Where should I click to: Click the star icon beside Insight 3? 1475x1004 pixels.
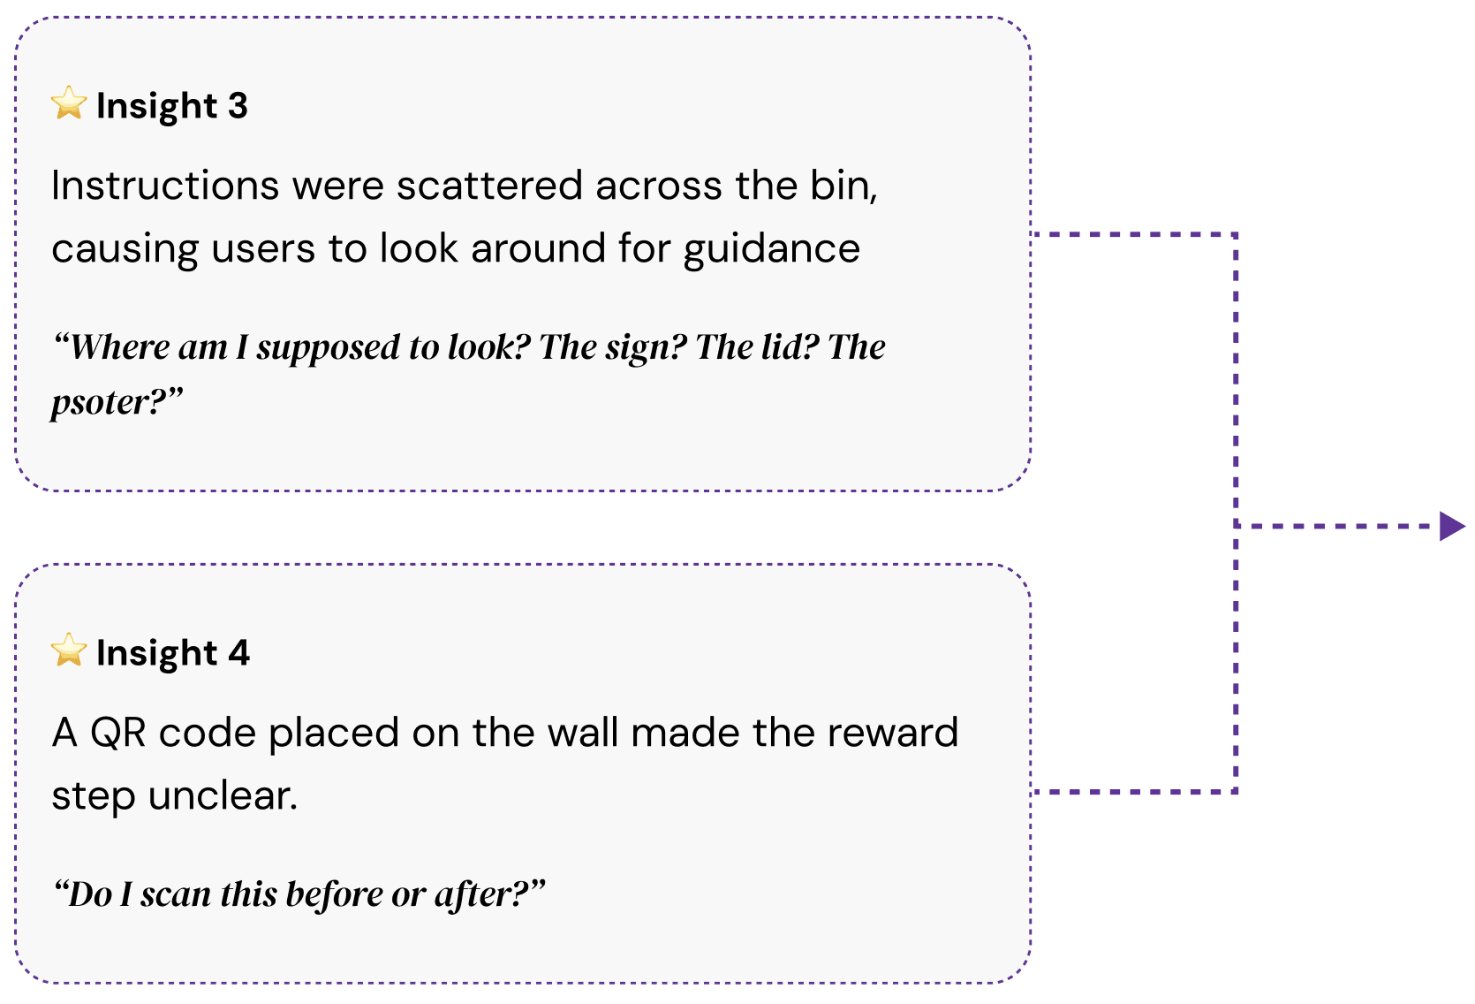pos(69,103)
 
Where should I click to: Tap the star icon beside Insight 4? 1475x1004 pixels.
pos(69,650)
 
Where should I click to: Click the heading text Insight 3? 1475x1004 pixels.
pos(172,106)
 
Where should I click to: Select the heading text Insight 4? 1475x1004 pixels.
pos(173,653)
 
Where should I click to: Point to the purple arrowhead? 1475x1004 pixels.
pos(1450,526)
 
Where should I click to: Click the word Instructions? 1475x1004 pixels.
pos(165,186)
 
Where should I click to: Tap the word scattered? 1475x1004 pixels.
pos(489,186)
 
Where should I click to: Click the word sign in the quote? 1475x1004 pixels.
pos(651,348)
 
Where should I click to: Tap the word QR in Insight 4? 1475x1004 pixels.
pos(117,733)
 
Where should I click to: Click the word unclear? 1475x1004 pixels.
pos(223,795)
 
